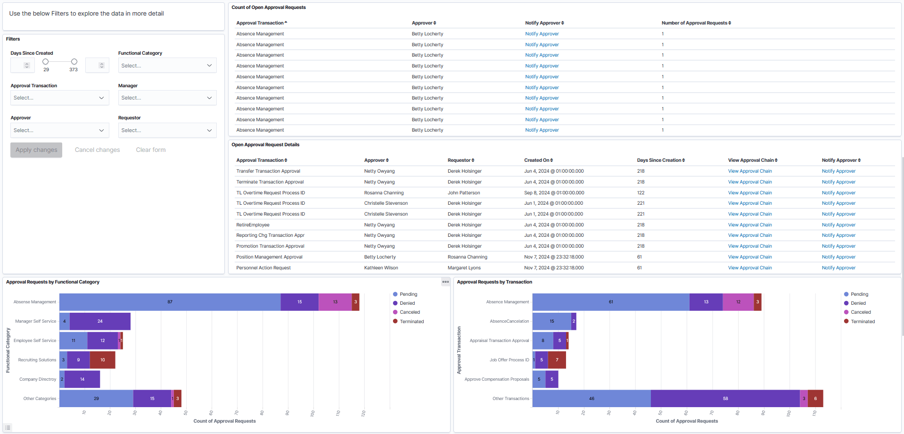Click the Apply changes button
pyautogui.click(x=36, y=150)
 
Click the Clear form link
pyautogui.click(x=151, y=150)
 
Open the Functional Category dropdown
pyautogui.click(x=167, y=66)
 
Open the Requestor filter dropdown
pyautogui.click(x=167, y=130)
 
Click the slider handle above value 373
pyautogui.click(x=74, y=62)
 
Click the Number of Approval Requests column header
pyautogui.click(x=696, y=23)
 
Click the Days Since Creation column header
pyautogui.click(x=660, y=160)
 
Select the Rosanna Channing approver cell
pyautogui.click(x=384, y=193)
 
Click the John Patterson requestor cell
pyautogui.click(x=464, y=193)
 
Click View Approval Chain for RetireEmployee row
pyautogui.click(x=749, y=225)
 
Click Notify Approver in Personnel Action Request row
pyautogui.click(x=838, y=268)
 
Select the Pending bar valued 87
pyautogui.click(x=170, y=302)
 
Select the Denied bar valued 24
pyautogui.click(x=100, y=321)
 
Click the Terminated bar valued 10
pyautogui.click(x=102, y=360)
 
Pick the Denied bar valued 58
pyautogui.click(x=725, y=399)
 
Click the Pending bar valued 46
pyautogui.click(x=592, y=399)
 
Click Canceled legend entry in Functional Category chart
pyautogui.click(x=409, y=312)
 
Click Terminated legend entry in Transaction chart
pyautogui.click(x=862, y=322)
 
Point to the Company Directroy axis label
pyautogui.click(x=38, y=379)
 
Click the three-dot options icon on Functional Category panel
pyautogui.click(x=445, y=282)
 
